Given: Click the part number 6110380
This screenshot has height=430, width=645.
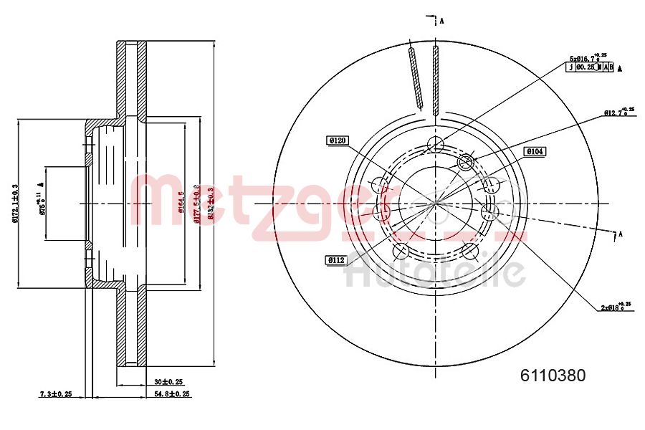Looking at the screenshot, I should tap(552, 375).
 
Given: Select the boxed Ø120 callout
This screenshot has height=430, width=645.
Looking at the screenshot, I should tap(338, 141).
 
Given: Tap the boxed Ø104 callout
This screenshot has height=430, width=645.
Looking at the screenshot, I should tap(535, 151).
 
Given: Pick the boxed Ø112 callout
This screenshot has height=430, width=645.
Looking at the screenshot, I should tap(337, 260).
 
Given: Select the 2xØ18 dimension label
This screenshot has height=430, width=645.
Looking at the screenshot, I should tap(616, 307).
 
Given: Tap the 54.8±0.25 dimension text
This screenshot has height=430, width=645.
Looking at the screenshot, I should tap(171, 394).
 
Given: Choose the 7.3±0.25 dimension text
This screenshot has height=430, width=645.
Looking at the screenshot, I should tap(55, 394).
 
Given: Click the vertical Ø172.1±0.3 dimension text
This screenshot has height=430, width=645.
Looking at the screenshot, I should tap(15, 204).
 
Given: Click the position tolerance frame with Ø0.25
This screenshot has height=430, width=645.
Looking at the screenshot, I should tap(591, 67).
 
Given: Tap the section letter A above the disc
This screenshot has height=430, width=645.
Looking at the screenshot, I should tap(442, 21).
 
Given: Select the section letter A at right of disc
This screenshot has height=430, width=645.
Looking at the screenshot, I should tap(620, 234).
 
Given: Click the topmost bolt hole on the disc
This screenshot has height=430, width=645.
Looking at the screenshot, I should tap(435, 145).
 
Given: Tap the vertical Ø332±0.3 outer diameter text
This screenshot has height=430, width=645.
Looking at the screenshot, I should tap(210, 204).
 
